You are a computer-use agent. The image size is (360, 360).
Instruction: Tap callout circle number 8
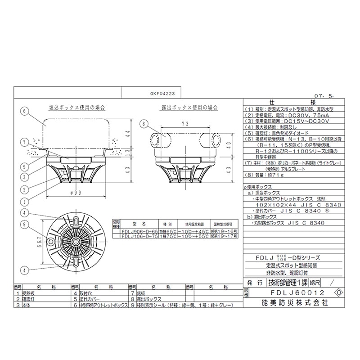click(x=144, y=124)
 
